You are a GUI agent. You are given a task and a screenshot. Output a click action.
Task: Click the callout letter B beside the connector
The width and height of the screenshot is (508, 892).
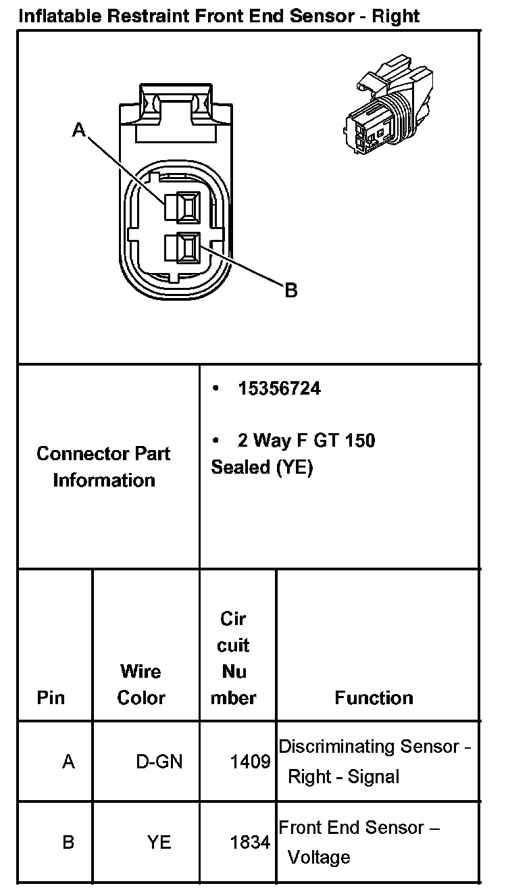click(291, 291)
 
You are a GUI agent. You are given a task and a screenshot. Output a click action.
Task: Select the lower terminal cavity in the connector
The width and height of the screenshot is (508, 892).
click(186, 248)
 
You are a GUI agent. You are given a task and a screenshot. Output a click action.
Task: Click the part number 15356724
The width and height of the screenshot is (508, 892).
click(279, 389)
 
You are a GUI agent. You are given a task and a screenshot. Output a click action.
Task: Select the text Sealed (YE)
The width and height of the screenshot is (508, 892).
click(262, 468)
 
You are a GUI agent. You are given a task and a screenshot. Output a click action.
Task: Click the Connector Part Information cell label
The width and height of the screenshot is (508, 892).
click(103, 466)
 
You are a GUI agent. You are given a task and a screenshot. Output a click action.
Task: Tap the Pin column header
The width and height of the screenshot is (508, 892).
click(51, 697)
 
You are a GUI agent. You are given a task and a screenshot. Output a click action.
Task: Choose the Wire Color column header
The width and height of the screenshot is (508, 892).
click(141, 684)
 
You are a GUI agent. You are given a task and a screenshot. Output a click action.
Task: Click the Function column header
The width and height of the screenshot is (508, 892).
click(374, 697)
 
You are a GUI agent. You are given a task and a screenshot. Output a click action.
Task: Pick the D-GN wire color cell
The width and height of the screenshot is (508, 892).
click(159, 762)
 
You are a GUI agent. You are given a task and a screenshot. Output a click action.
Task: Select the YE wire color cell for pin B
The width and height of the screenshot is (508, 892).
click(159, 842)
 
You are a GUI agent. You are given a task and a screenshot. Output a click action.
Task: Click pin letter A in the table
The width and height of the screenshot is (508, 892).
click(68, 762)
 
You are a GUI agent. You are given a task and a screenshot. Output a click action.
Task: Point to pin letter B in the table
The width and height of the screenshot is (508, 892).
click(68, 842)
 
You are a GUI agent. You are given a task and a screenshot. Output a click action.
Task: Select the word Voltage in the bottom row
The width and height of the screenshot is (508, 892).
click(319, 858)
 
